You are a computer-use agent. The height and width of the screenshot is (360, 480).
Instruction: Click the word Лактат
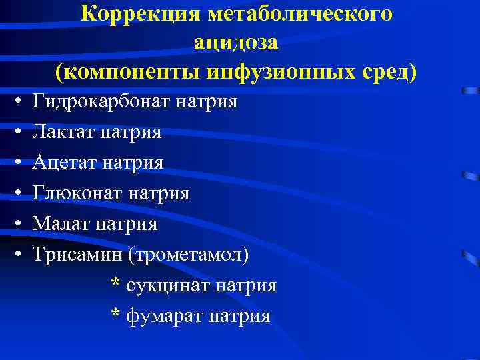[65, 133]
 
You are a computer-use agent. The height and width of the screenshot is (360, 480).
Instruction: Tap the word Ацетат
[65, 163]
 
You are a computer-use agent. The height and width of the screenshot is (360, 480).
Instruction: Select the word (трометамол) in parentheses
[189, 255]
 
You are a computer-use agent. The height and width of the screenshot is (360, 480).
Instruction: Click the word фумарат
[164, 316]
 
